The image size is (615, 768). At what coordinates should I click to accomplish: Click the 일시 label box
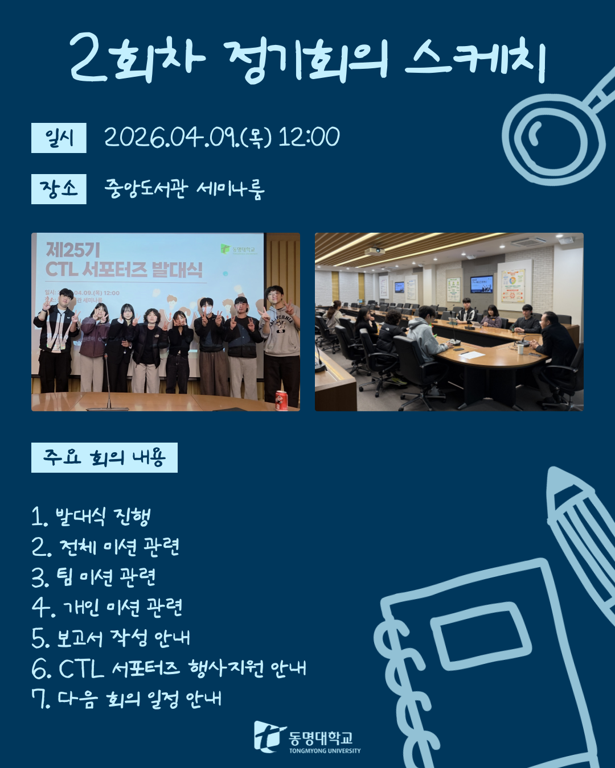tap(59, 138)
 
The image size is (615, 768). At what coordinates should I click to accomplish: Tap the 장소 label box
tap(59, 189)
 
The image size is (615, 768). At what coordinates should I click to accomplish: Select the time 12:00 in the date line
tap(309, 137)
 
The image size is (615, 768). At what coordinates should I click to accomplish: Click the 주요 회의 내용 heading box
tap(104, 457)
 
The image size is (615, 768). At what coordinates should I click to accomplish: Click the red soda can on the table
tap(281, 400)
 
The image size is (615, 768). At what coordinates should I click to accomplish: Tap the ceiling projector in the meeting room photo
tap(375, 251)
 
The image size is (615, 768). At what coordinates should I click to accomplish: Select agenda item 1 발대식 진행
tap(91, 516)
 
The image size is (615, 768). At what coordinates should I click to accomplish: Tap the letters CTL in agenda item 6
tap(81, 668)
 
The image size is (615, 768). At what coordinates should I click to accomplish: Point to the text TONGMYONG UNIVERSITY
tap(325, 751)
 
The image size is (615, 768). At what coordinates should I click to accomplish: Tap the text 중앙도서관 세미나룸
tap(184, 189)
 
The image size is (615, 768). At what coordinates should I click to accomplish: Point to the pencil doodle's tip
tap(552, 470)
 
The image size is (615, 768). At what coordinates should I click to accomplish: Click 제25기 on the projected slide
tap(73, 250)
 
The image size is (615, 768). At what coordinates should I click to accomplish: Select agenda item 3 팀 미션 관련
tap(93, 577)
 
